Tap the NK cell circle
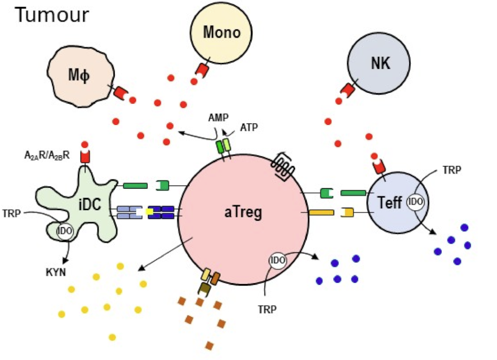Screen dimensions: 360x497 click(379, 63)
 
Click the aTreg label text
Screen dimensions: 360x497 click(243, 212)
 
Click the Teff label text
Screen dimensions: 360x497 click(389, 202)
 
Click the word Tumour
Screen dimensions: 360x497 click(52, 14)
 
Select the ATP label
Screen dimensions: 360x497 click(249, 127)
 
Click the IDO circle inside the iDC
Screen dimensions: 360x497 click(64, 231)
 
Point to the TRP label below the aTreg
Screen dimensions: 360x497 click(267, 310)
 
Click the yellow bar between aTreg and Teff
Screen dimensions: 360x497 click(322, 212)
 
